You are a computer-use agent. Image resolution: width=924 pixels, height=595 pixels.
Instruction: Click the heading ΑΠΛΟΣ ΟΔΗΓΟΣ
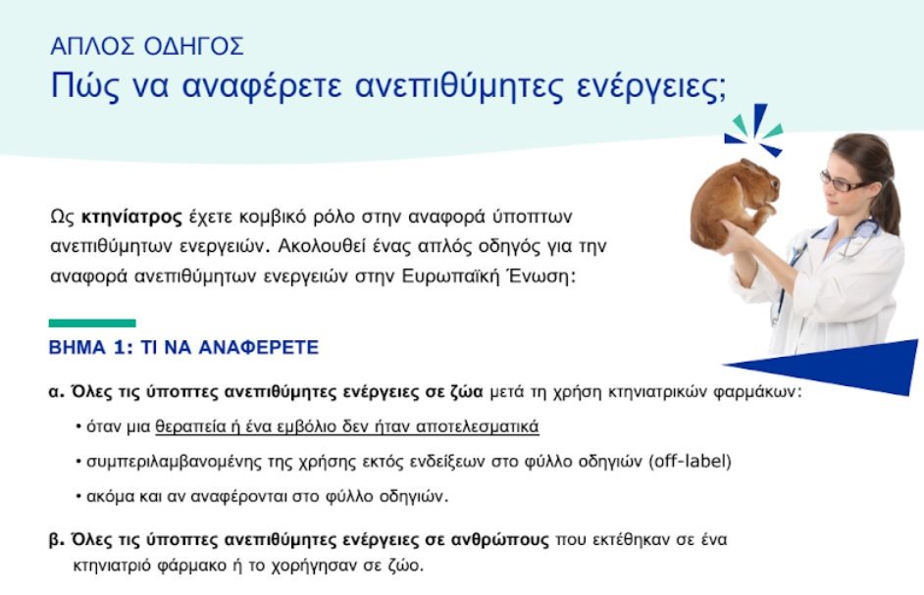tap(147, 45)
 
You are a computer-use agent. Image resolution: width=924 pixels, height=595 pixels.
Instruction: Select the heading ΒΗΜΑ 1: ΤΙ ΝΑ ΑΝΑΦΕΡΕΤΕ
tap(183, 348)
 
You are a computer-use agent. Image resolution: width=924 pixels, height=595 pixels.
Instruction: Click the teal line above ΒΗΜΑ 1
tap(92, 322)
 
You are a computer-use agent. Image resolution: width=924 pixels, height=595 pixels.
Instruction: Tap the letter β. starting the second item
tap(56, 540)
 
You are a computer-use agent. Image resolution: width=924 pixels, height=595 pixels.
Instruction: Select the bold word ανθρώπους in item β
tap(499, 540)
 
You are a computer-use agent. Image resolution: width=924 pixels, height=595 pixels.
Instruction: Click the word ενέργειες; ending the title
tap(653, 86)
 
